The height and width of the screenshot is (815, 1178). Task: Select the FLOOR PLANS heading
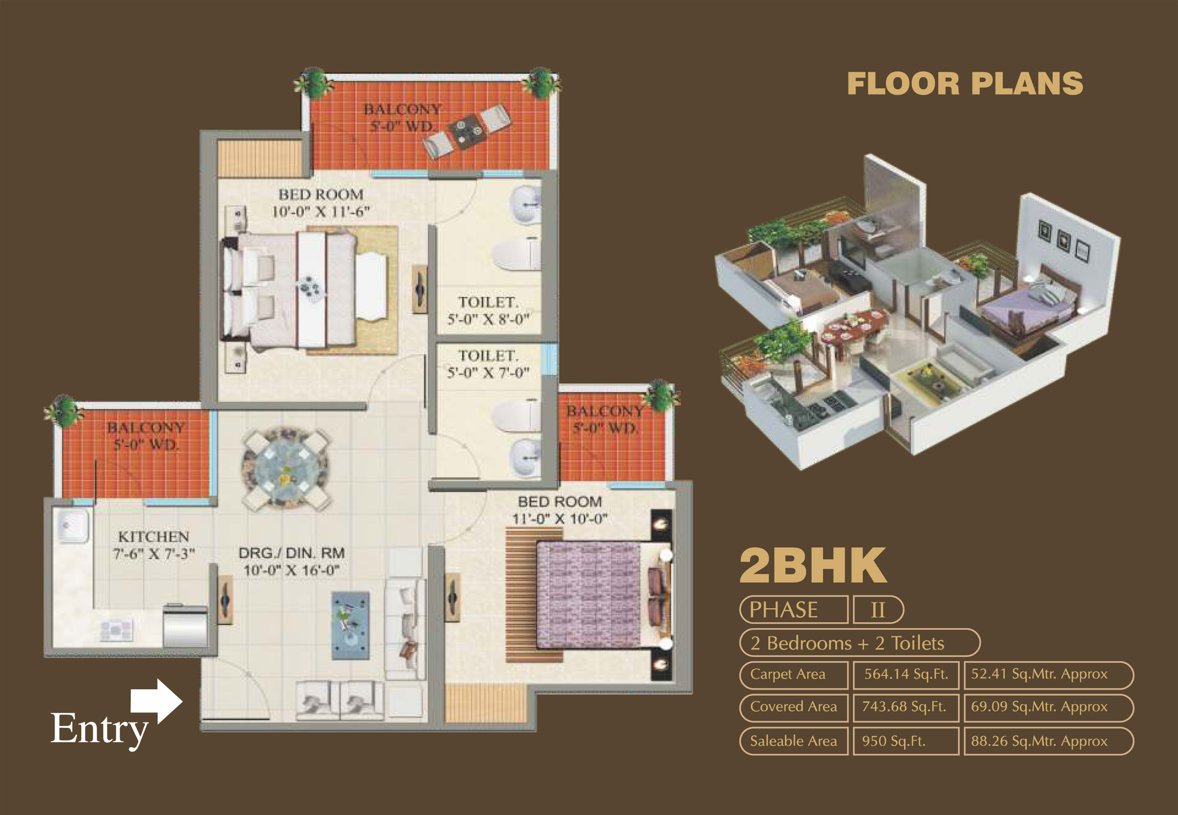point(965,84)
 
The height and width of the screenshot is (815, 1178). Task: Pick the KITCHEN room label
point(153,537)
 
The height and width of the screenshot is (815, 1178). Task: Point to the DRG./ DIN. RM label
point(291,553)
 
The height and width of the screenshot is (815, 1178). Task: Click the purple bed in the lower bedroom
point(588,595)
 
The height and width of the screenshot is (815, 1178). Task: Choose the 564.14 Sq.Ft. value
point(906,674)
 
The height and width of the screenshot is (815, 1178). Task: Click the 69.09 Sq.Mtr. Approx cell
point(1039,707)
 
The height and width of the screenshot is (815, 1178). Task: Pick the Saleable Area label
point(793,741)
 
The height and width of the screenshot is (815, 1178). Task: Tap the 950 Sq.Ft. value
point(893,741)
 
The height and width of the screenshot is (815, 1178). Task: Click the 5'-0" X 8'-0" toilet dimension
point(488,320)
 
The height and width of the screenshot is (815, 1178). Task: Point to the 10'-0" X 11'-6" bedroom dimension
point(320,211)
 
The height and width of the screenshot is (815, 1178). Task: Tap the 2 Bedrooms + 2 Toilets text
point(847,643)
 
